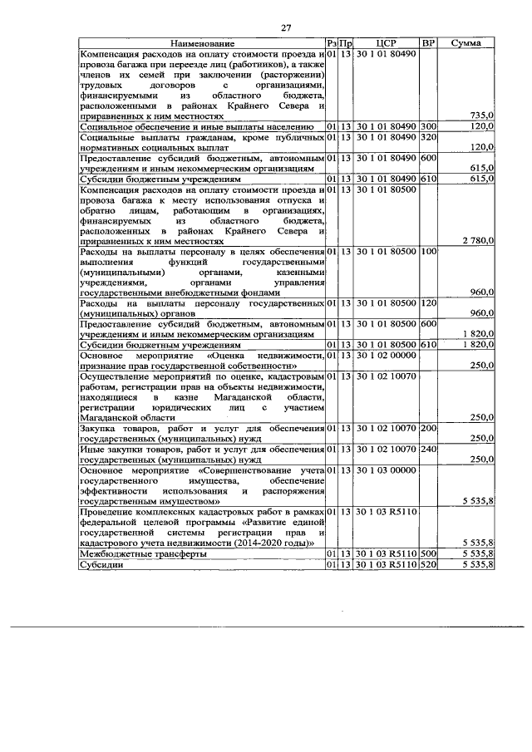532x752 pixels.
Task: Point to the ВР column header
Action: point(428,42)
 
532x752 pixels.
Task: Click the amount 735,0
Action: point(482,116)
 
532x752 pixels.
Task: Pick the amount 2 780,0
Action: point(477,240)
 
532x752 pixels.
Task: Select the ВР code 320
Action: point(429,136)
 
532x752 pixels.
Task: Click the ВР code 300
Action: point(429,125)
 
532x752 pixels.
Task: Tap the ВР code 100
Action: point(429,251)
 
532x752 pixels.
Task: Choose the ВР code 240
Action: point(429,450)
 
